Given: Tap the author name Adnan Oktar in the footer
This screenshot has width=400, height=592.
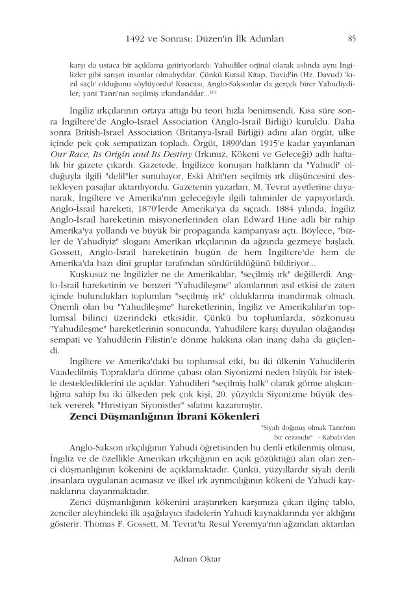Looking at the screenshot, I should pos(200,558).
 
